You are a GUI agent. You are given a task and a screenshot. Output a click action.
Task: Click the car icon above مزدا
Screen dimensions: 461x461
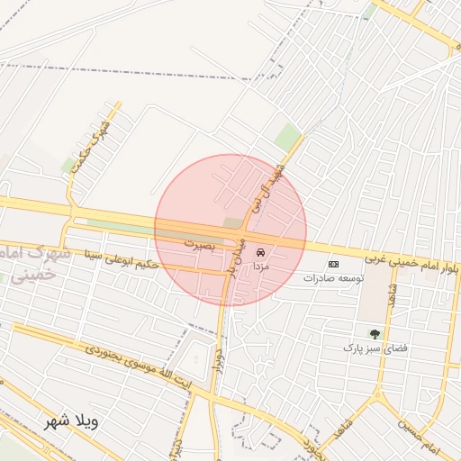tap(261, 253)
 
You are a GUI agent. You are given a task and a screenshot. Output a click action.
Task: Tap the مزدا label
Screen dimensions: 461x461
tap(260, 267)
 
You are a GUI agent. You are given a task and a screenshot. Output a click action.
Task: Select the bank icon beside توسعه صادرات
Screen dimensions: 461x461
tap(334, 264)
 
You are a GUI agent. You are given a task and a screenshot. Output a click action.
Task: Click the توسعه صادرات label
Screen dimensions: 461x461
tap(333, 279)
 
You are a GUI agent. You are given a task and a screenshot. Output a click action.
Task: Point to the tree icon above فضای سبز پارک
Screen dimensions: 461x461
tap(375, 334)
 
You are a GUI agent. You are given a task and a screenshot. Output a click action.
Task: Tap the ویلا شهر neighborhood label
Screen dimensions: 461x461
tap(73, 421)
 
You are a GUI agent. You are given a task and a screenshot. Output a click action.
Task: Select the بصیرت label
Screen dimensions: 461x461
tap(202, 243)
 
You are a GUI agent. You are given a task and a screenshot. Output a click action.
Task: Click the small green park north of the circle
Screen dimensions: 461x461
tap(287, 138)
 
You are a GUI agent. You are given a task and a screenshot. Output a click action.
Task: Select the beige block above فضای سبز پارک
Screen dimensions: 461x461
tap(372, 304)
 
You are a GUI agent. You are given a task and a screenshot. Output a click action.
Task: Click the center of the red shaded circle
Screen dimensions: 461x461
tap(230, 230)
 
